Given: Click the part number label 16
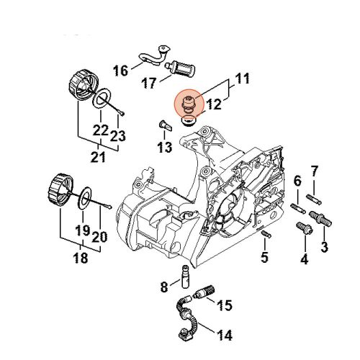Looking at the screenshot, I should pyautogui.click(x=120, y=70).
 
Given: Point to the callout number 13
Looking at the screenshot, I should pyautogui.click(x=164, y=148).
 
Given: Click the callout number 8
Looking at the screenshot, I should pyautogui.click(x=164, y=287).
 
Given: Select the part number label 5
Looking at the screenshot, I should pyautogui.click(x=264, y=257).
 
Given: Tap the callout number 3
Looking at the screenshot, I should pyautogui.click(x=324, y=248).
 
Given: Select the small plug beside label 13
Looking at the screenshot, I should pyautogui.click(x=162, y=130).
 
